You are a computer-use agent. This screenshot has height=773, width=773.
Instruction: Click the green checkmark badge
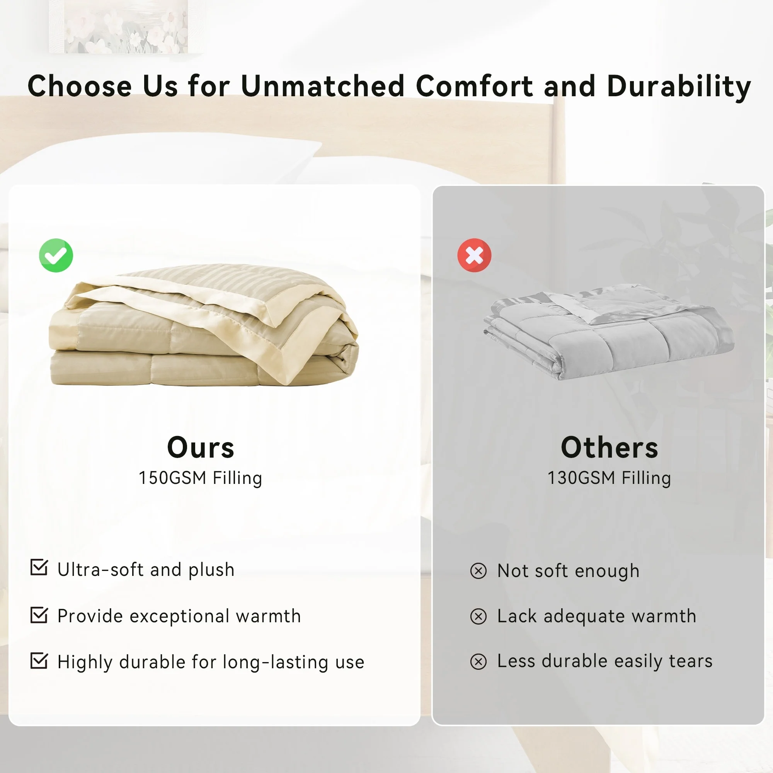point(56,255)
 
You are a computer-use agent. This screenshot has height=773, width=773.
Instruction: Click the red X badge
point(475,255)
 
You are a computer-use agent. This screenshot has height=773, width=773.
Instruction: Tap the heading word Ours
point(201,447)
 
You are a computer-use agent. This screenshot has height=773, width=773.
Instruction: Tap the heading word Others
point(610,447)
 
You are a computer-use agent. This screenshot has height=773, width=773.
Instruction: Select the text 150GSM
point(172,478)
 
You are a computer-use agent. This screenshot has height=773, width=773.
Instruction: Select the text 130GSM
point(581,478)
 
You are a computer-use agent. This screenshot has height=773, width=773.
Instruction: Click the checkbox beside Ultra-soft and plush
point(39,568)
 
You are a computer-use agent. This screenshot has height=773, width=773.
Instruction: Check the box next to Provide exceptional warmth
point(39,615)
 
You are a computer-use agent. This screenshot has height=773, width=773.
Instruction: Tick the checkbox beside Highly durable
point(39,661)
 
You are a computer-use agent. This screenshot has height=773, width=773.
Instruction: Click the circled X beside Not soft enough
point(478,571)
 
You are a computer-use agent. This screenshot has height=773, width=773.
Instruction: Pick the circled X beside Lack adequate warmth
point(478,616)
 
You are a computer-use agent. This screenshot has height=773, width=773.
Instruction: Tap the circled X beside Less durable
point(478,662)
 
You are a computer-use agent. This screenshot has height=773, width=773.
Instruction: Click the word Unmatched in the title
point(323,86)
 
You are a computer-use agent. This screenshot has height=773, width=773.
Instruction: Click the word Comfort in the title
point(475,86)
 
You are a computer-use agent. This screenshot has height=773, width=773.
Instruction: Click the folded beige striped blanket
point(204,325)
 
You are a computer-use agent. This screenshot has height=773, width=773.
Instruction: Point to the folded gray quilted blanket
point(609,331)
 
